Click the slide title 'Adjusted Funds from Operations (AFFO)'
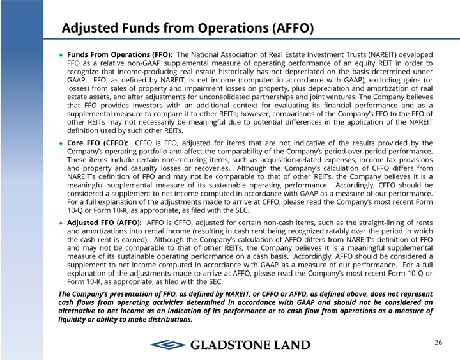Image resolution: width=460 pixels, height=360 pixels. [x=188, y=28]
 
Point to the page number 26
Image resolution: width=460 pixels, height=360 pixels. [x=438, y=343]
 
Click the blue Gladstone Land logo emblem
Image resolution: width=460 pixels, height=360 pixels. [x=168, y=345]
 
